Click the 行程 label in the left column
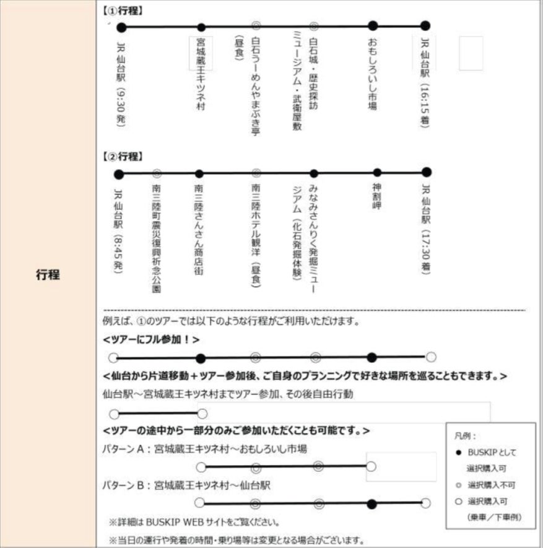[48, 274]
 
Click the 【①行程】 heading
[123, 10]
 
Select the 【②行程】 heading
[123, 157]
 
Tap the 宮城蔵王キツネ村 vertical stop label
[201, 74]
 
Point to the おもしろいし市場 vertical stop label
[372, 74]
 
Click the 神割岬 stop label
[376, 196]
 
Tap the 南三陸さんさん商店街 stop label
[199, 229]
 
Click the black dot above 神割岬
[377, 173]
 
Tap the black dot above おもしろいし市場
[372, 26]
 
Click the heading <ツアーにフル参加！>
[152, 339]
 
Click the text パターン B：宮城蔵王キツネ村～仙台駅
[186, 485]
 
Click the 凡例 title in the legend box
[463, 436]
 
